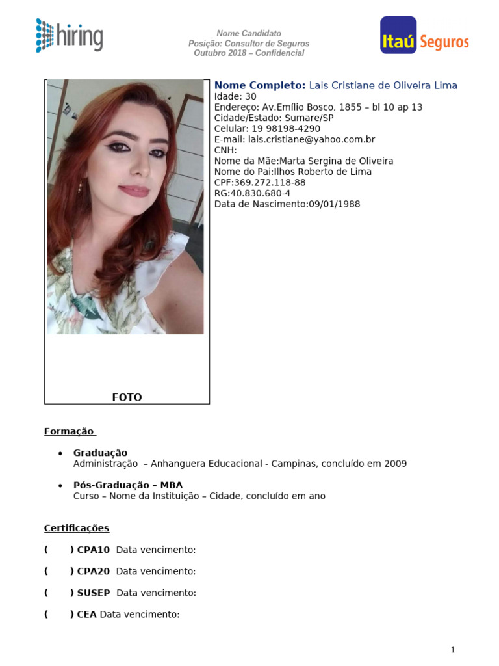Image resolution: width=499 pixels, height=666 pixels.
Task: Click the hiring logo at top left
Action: [69, 35]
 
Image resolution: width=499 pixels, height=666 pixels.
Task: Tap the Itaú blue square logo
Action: [398, 35]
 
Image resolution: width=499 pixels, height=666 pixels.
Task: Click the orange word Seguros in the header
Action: [444, 42]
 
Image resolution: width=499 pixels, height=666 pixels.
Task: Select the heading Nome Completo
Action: [259, 85]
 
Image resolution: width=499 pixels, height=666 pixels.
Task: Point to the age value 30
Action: [251, 96]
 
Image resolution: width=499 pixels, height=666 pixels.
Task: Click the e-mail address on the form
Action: [311, 139]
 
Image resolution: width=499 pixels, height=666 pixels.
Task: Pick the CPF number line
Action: [260, 182]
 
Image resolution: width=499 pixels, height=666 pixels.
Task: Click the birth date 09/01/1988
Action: [334, 204]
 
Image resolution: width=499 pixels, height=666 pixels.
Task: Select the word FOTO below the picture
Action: [127, 397]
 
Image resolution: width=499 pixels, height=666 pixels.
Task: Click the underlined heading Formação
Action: [70, 431]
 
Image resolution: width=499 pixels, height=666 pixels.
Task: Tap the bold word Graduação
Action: [100, 453]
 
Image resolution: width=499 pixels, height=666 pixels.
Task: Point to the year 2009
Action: [396, 464]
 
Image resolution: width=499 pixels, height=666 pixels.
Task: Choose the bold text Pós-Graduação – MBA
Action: [128, 485]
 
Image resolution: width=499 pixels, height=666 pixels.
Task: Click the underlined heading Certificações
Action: [77, 528]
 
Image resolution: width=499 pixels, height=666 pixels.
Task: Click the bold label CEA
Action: [86, 614]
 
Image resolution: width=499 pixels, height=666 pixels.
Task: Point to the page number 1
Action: [453, 650]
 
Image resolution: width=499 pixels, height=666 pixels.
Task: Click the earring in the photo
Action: [81, 187]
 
